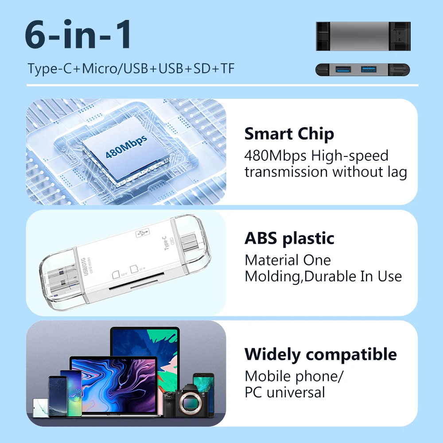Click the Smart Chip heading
(x=289, y=134)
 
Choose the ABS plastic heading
(x=289, y=239)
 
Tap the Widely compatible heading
(x=320, y=354)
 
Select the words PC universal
(x=285, y=392)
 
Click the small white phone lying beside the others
(x=41, y=407)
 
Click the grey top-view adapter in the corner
(x=362, y=36)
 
